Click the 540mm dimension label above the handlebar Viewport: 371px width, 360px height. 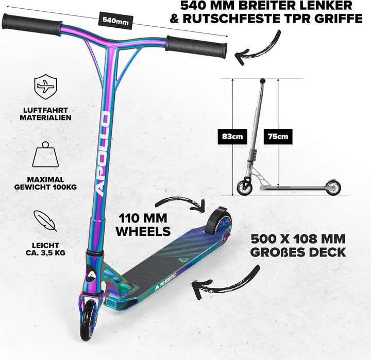point(115,21)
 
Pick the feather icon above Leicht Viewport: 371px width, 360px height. point(46,220)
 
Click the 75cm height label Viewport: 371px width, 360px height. point(278,138)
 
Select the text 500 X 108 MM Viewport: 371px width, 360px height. point(298,239)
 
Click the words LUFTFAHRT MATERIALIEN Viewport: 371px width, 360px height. point(45,113)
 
